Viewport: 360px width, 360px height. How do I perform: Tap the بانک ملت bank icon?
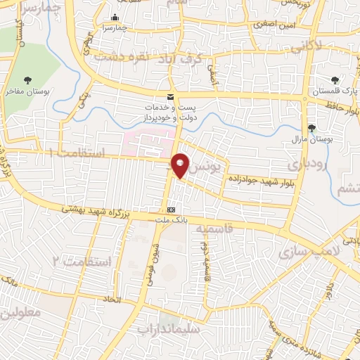pos(172,210)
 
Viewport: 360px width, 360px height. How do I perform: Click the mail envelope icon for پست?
pos(169,96)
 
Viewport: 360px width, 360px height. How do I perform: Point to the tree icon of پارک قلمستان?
pos(334,80)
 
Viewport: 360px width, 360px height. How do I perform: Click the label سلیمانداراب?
pos(169,328)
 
